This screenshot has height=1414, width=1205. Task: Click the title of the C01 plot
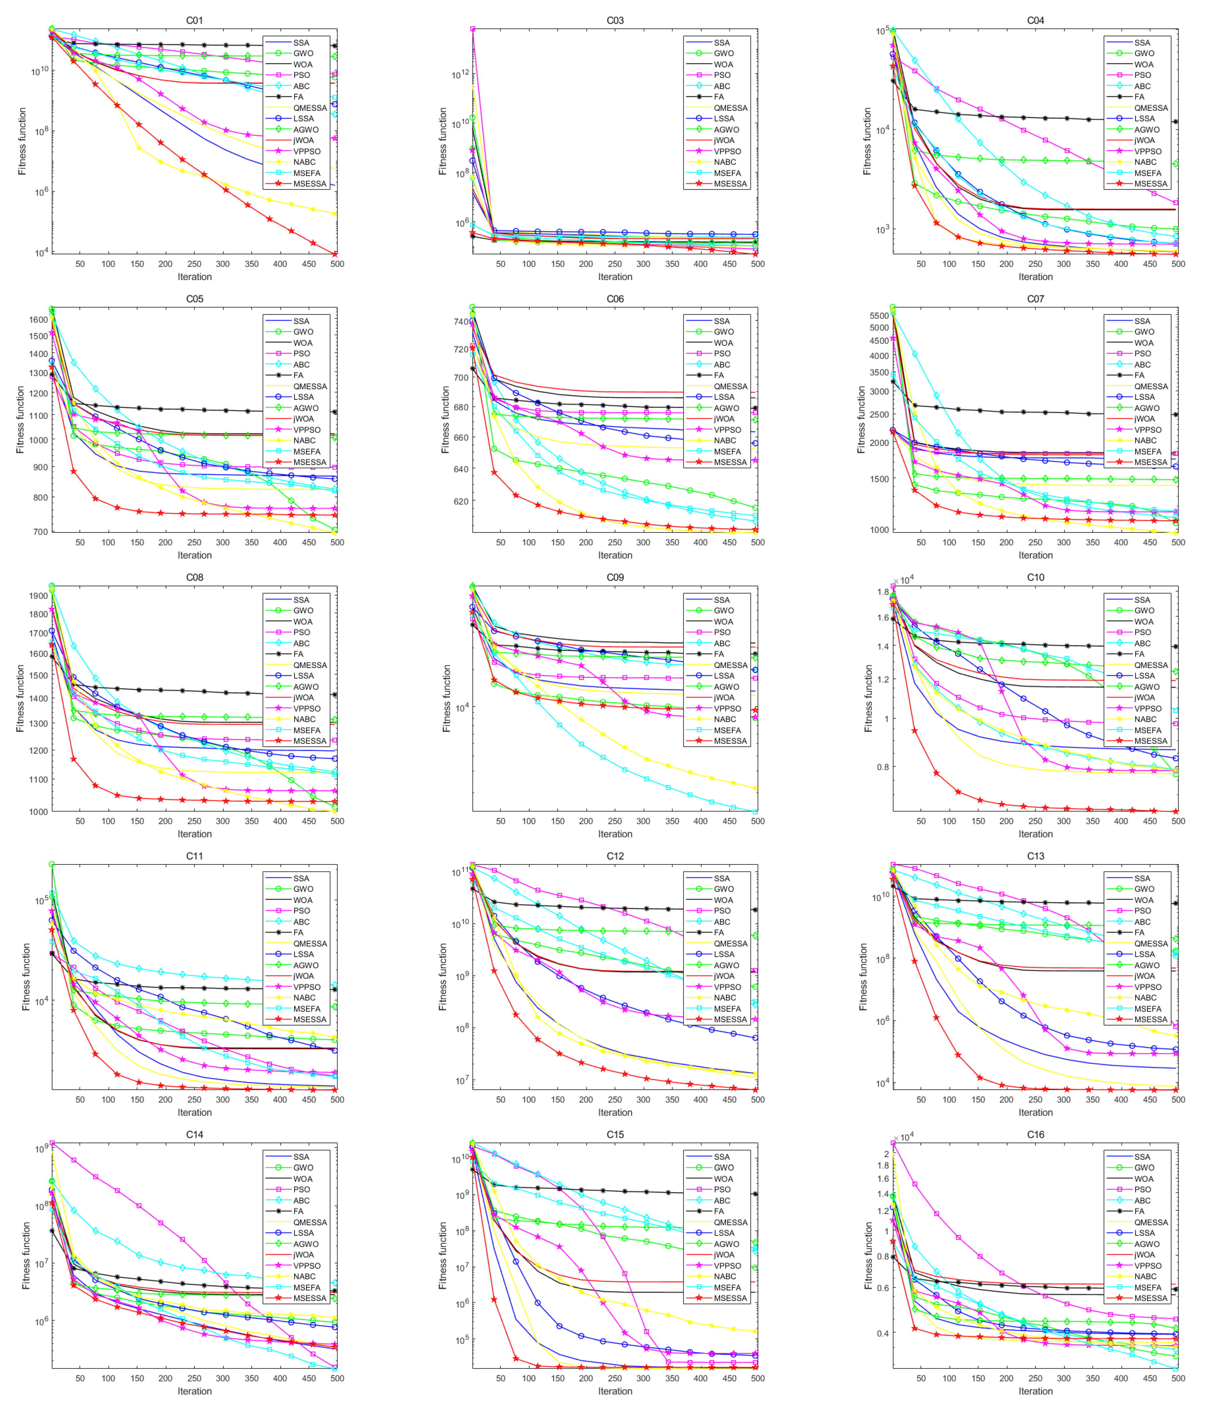[x=194, y=21]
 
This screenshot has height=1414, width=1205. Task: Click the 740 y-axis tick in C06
[x=460, y=321]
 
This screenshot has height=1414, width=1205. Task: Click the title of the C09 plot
[x=615, y=577]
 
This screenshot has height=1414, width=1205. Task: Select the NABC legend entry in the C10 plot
[x=1145, y=719]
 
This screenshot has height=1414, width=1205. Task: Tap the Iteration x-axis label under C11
[x=194, y=1112]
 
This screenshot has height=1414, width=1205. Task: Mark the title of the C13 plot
[x=1035, y=856]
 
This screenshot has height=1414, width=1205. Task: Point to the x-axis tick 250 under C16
[x=1035, y=1378]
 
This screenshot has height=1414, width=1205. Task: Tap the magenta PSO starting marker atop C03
[x=472, y=29]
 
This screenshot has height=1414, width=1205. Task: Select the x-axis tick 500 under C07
[x=1178, y=542]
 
